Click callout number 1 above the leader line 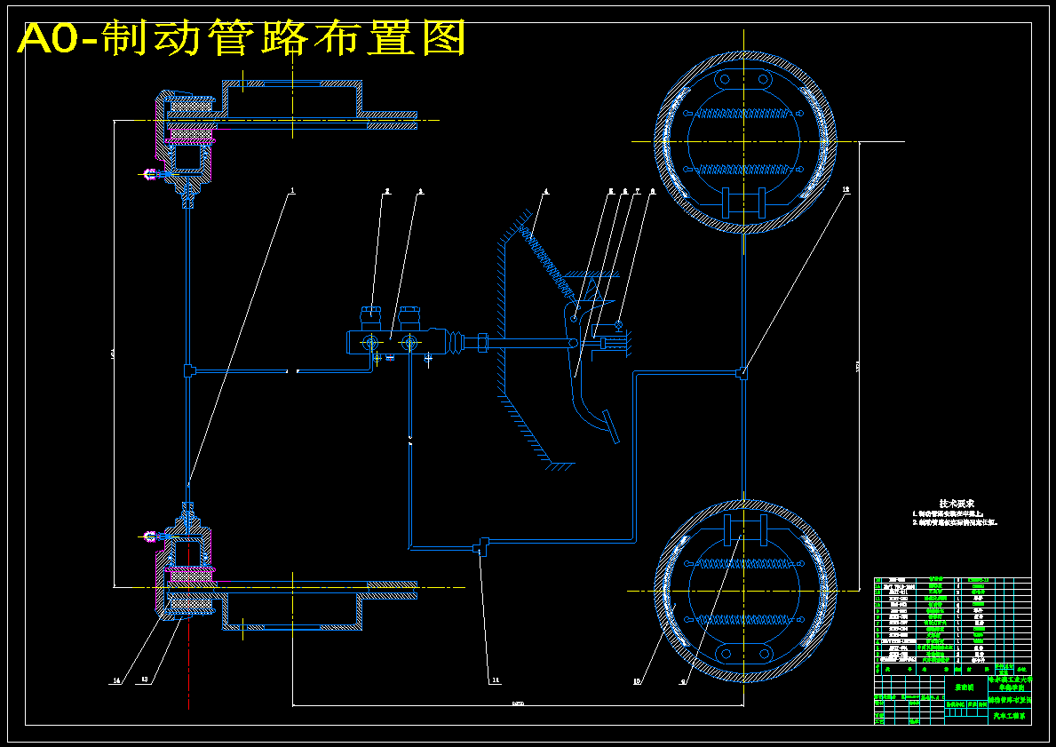click(x=291, y=190)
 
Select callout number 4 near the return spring click(x=545, y=190)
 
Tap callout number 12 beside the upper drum click(x=846, y=189)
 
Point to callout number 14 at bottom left click(x=115, y=681)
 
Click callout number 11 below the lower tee click(x=495, y=680)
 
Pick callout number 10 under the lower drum click(x=637, y=682)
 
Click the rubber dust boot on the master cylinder click(x=457, y=343)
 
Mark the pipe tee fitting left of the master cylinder click(x=188, y=370)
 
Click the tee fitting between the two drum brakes click(x=742, y=374)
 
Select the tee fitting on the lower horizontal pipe click(x=482, y=545)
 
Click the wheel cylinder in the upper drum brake click(x=744, y=202)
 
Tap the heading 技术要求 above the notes click(x=958, y=504)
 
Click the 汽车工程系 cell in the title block click(x=1008, y=715)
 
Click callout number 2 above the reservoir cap click(x=387, y=190)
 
